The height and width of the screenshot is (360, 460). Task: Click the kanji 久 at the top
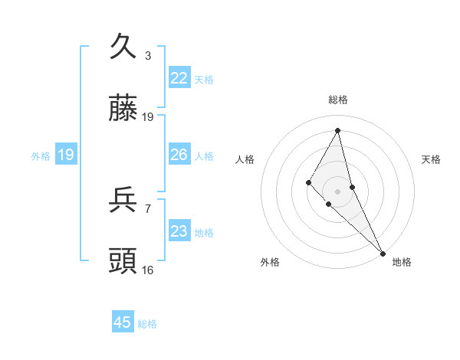coord(123,47)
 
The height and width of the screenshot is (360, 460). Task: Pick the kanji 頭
coord(123,260)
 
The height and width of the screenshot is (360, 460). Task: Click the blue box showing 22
coord(179,78)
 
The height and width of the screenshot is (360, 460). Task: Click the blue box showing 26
coord(179,155)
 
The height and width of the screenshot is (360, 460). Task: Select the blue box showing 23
coord(179,231)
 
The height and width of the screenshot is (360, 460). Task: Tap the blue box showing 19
coord(66,155)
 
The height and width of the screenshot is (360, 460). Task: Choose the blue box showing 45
coord(123,322)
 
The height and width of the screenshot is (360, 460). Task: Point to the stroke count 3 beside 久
coord(148,56)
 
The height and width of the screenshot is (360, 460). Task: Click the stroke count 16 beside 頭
coord(148,270)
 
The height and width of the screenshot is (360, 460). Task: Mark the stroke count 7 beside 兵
coord(148,208)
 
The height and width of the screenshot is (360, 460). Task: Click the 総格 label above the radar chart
coord(338,100)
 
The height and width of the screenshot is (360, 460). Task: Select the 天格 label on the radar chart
coord(432,159)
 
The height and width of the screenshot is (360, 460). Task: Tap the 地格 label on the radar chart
coord(402,262)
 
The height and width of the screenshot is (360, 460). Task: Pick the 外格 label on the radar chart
coord(270,262)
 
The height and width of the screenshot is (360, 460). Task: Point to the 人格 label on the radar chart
coord(245,159)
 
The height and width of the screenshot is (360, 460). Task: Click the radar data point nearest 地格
coord(383,253)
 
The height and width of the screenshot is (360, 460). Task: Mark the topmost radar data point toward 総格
coord(338,130)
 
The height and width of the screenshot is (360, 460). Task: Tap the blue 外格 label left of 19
coord(41,155)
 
